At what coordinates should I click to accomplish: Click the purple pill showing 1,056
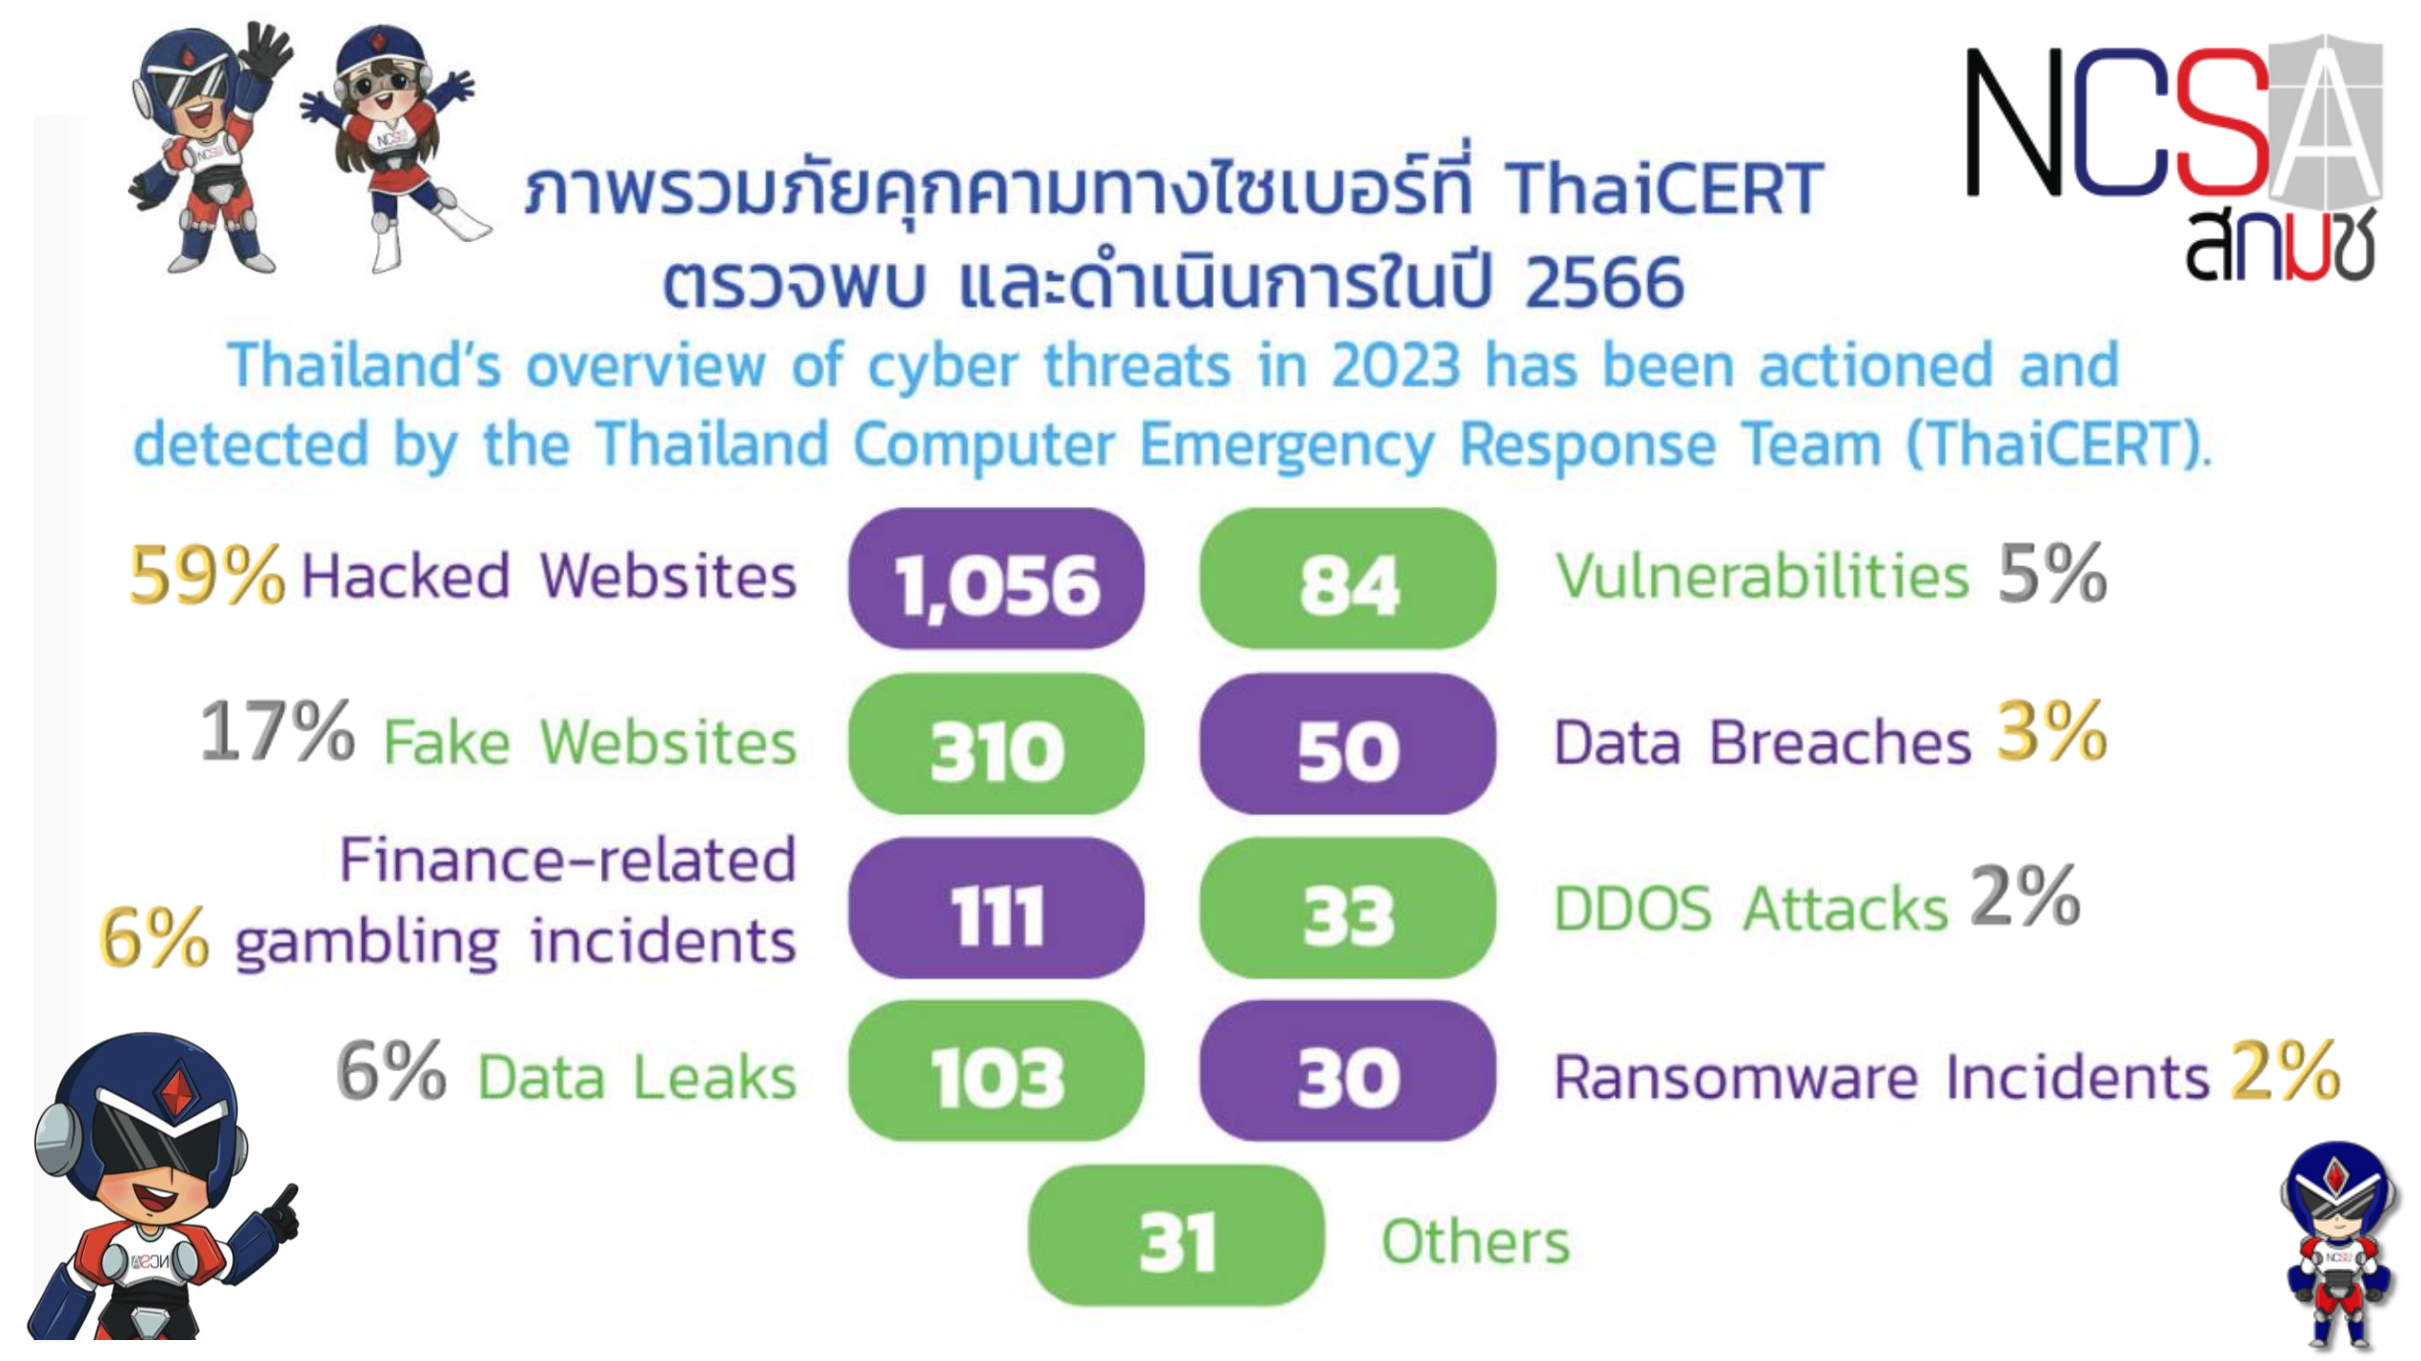996,579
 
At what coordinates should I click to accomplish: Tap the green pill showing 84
1347,579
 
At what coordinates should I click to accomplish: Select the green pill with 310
996,743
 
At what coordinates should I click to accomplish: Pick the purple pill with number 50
1347,743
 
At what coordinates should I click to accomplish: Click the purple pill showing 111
996,908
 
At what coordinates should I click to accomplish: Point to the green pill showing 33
1347,908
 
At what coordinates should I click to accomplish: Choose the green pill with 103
996,1071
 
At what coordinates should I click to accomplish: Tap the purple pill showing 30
1347,1071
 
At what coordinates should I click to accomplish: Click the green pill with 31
1176,1235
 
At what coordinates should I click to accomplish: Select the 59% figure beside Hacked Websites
207,575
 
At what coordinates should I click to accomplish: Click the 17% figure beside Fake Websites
277,731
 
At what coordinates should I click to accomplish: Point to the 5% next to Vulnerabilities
2052,573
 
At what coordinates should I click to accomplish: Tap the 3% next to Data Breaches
2052,731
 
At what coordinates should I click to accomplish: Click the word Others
1476,1242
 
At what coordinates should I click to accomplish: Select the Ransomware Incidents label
1882,1078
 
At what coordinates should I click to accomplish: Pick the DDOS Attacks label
1751,908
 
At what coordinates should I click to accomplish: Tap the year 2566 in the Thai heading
1604,282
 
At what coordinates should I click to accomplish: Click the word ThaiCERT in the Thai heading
1664,188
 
